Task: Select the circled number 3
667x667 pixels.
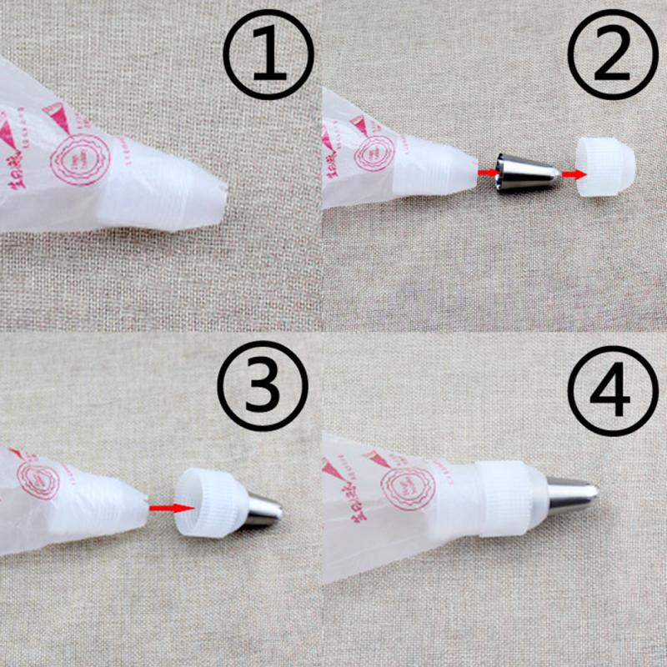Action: point(263,384)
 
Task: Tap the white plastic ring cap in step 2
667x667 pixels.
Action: point(606,166)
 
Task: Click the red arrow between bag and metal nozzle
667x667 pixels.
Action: point(484,171)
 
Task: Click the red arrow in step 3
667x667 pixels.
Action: point(167,505)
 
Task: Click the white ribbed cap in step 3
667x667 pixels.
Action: point(210,502)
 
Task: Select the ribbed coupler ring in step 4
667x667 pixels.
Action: point(508,499)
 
